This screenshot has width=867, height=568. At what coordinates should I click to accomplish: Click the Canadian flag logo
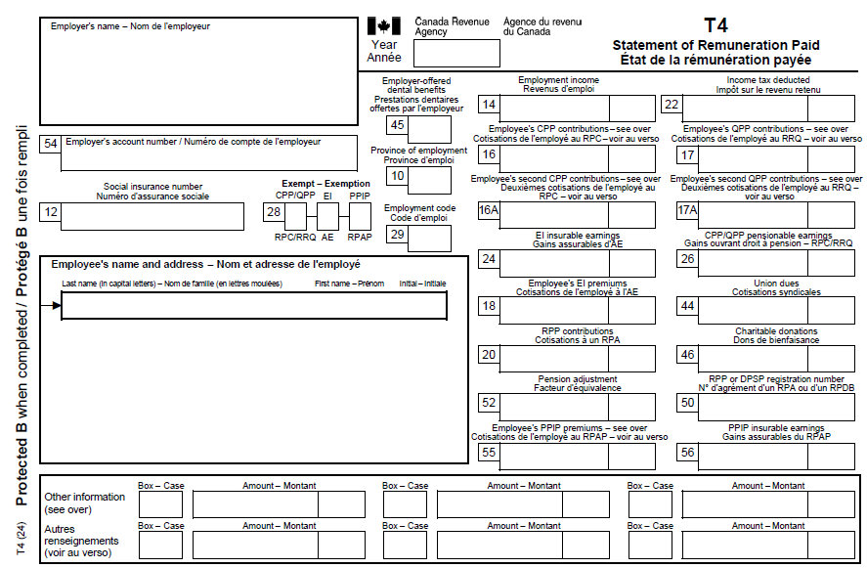384,26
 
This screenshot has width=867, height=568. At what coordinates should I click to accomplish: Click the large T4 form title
715,25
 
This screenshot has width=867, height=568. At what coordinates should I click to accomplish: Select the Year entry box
443,53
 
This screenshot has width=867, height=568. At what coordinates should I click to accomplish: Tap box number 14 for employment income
489,107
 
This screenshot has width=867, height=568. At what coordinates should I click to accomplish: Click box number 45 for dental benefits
397,125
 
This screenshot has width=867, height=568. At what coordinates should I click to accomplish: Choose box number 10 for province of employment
397,176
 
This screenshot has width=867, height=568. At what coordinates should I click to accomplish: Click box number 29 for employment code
397,235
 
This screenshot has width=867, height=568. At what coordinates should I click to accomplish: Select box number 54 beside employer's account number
51,143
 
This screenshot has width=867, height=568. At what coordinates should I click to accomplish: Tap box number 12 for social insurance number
51,211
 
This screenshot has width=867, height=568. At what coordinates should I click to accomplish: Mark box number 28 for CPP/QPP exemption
275,212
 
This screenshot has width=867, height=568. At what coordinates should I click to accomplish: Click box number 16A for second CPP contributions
489,212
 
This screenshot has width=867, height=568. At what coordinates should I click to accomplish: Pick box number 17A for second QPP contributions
687,212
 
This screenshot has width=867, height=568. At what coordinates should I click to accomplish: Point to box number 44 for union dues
687,307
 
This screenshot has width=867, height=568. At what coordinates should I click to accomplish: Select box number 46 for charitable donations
687,355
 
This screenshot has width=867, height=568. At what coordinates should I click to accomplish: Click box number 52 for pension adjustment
489,403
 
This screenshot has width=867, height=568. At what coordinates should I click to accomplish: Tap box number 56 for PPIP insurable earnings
687,452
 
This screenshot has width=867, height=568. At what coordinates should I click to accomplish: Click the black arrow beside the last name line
56,306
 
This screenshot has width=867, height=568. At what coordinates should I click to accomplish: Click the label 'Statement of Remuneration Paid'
715,45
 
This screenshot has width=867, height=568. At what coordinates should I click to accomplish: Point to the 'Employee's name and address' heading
205,264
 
